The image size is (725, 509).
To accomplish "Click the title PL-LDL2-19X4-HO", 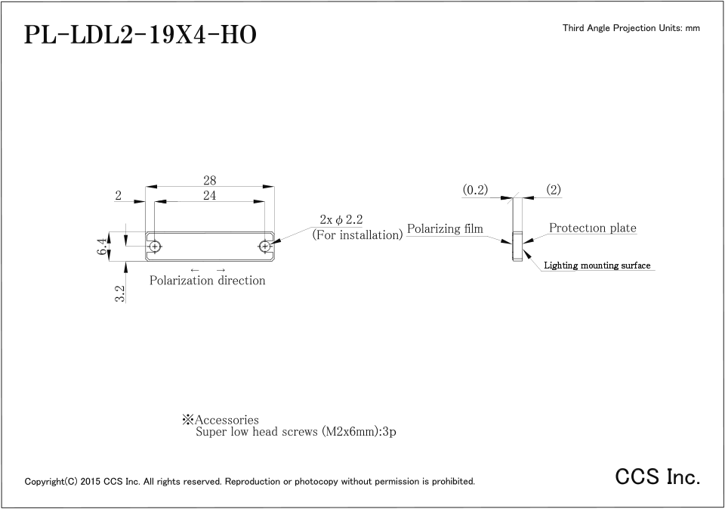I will point(140,35).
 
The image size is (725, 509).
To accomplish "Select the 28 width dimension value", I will point(209,180).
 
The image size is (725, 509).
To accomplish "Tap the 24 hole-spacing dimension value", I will point(209,195).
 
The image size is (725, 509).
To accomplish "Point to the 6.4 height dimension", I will point(102,246).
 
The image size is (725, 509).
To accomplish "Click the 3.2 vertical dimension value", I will point(119,294).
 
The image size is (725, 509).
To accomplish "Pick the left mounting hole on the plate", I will point(155,247).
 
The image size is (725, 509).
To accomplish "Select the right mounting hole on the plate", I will point(264,247).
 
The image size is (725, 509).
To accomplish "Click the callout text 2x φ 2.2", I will point(341,219).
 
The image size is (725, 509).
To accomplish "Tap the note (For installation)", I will point(357,234).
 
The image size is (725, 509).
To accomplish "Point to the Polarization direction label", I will point(208,281).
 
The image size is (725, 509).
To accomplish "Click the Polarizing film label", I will point(445,228).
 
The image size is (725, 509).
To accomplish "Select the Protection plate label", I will point(592,228).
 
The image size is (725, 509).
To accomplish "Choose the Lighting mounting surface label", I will point(597,265).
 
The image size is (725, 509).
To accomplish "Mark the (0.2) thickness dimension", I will point(475,191).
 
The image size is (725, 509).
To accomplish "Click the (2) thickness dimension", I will point(554,190).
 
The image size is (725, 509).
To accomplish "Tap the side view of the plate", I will point(516,245).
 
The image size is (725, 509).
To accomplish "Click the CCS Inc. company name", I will point(658,476).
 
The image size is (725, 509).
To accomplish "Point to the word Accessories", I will point(227,420).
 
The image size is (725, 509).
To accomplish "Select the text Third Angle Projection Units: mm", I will point(631,28).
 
